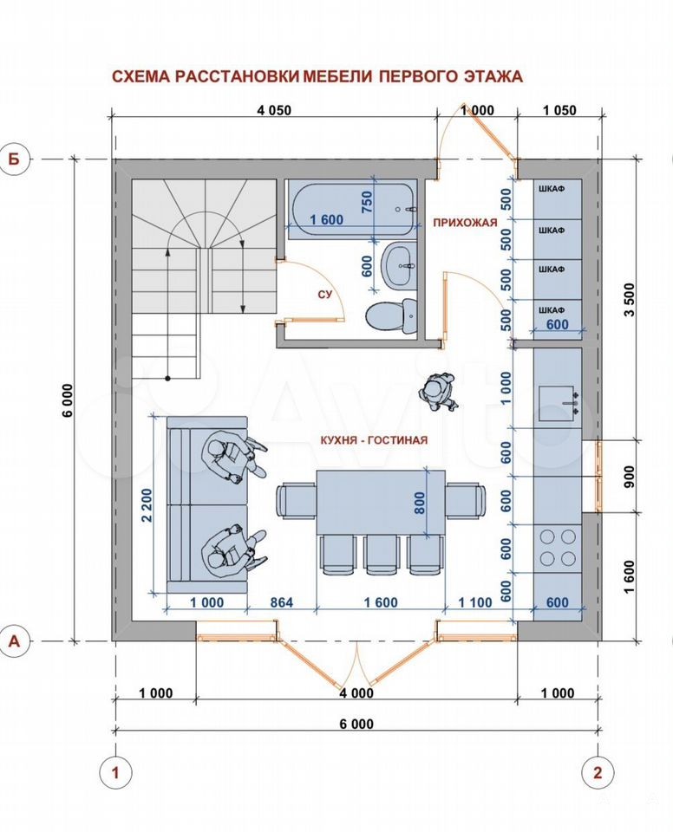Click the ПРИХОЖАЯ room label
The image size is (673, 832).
[465, 223]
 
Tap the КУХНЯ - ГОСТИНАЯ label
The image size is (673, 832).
[374, 440]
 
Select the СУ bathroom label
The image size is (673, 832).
[325, 294]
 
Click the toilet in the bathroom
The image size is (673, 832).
[391, 316]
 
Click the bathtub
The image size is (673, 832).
[350, 209]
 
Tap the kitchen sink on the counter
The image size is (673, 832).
[559, 404]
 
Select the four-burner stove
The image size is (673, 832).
[558, 548]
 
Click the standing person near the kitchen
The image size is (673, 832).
[438, 392]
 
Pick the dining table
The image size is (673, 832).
[381, 503]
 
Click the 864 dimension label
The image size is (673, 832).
[282, 602]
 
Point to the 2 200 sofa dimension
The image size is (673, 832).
[147, 504]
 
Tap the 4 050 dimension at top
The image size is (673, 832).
[274, 110]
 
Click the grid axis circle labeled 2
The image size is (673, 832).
[598, 772]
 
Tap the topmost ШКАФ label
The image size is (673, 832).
[552, 189]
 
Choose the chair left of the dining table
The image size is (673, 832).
[297, 501]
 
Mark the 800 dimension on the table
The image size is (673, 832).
[420, 503]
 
